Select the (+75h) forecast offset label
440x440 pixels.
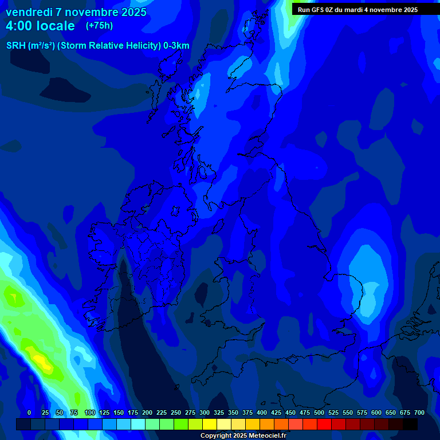(99, 26)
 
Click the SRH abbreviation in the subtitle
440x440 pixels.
(15, 46)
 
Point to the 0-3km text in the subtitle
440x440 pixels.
(176, 46)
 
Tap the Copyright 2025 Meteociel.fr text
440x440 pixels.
(243, 435)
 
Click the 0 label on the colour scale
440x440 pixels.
(29, 412)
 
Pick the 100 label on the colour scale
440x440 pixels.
(89, 412)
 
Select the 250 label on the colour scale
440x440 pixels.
(176, 412)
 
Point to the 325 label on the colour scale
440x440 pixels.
(219, 412)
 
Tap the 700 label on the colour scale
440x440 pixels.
(419, 412)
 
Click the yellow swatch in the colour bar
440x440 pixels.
(210, 424)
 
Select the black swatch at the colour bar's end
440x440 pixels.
(410, 424)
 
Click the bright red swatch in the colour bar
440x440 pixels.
(324, 424)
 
